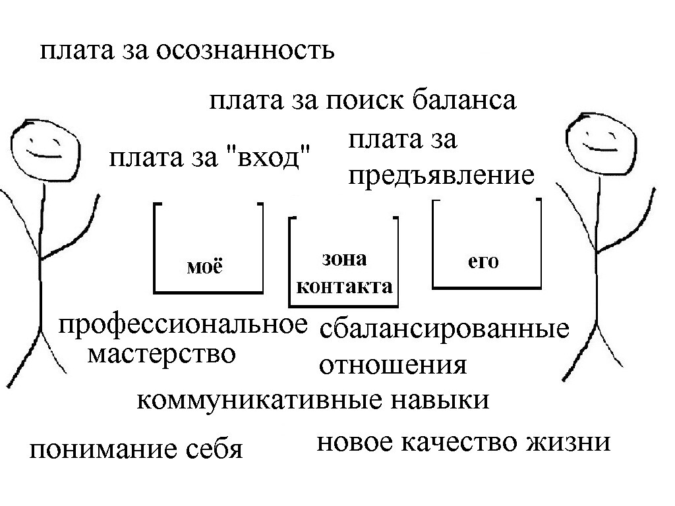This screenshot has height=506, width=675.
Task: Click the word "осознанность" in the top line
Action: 245,51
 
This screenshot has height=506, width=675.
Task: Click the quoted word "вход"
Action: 268,157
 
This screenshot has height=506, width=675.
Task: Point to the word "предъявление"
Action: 441,175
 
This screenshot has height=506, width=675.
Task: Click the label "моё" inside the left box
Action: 205,266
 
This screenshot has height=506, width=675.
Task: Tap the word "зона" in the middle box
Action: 344,259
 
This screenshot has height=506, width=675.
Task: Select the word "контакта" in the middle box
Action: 344,287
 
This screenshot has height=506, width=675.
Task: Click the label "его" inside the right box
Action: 483,262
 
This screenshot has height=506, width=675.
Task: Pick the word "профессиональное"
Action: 183,325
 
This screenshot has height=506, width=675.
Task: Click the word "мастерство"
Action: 162,354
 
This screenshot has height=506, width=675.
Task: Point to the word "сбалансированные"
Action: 444,329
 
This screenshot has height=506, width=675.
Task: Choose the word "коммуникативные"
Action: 260,401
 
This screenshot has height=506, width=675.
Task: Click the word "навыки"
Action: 440,400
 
